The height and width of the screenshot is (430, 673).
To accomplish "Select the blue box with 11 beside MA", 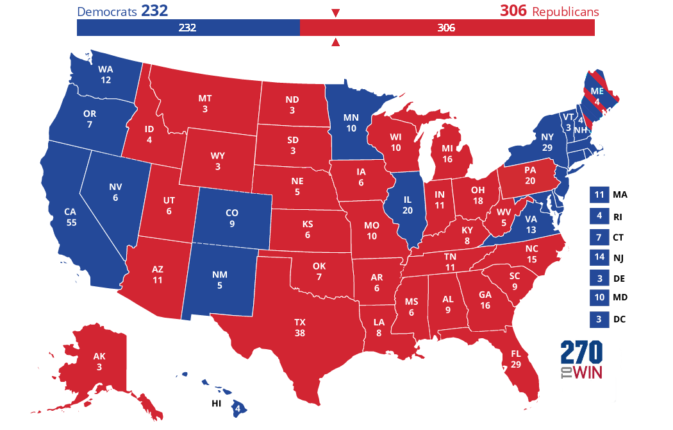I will click(x=599, y=194).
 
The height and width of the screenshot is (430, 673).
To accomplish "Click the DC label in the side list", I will click(x=619, y=319).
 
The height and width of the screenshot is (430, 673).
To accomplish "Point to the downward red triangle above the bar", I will click(x=335, y=13).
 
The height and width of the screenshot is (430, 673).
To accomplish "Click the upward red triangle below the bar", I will click(x=335, y=43).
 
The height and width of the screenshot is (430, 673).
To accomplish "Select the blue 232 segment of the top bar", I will click(x=188, y=28).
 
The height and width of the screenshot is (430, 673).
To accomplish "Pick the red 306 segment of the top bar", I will click(x=447, y=28).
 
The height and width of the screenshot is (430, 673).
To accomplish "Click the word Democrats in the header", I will click(x=107, y=12).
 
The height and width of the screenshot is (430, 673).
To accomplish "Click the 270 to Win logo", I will click(x=581, y=360).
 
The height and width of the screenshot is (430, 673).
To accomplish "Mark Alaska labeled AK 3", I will click(x=99, y=362).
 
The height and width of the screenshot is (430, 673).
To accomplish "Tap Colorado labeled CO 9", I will click(x=232, y=218).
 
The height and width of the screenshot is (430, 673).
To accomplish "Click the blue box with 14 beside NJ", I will click(x=599, y=257).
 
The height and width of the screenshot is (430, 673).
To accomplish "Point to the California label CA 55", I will click(x=71, y=216).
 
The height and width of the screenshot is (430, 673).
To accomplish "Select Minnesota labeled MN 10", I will click(x=351, y=123).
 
